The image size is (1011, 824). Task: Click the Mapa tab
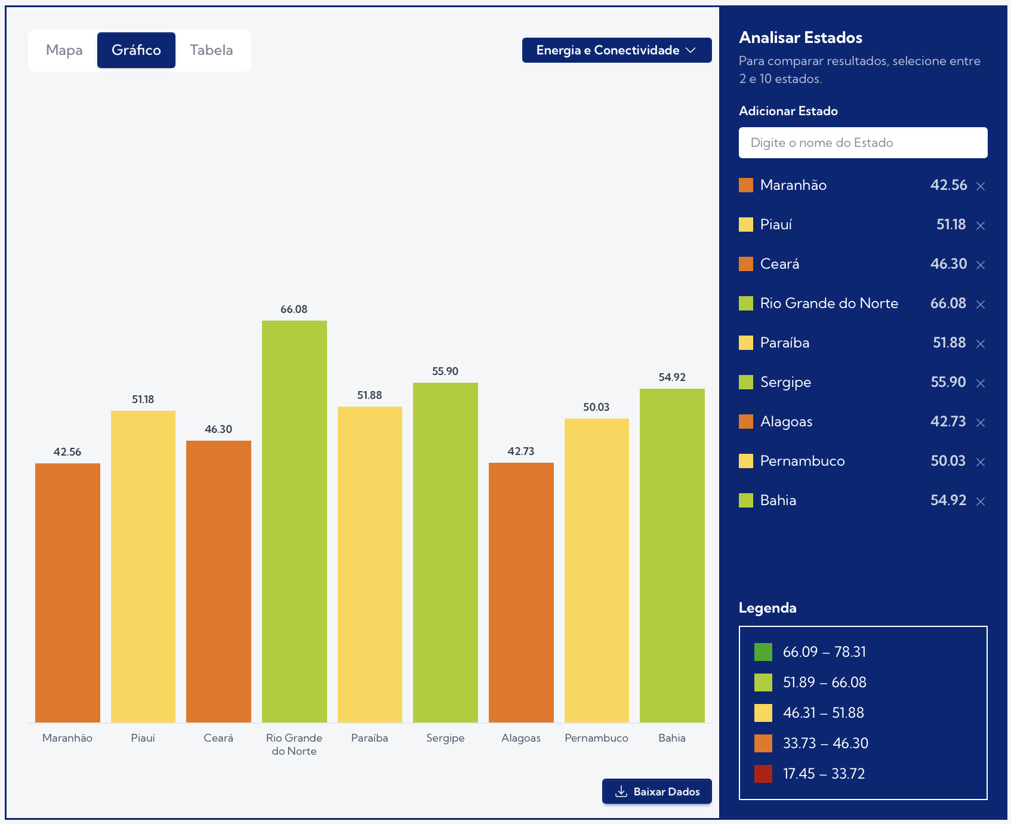pyautogui.click(x=64, y=50)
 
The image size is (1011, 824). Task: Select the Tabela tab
pyautogui.click(x=211, y=50)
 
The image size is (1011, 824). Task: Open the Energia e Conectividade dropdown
pyautogui.click(x=617, y=50)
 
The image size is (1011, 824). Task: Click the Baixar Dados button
pyautogui.click(x=656, y=791)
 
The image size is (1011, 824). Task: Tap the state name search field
pyautogui.click(x=862, y=143)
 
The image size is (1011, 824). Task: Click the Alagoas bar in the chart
pyautogui.click(x=521, y=592)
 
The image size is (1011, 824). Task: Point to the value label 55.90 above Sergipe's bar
pyautogui.click(x=445, y=371)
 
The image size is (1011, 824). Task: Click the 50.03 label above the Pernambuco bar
pyautogui.click(x=596, y=407)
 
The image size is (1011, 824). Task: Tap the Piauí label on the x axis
pyautogui.click(x=143, y=738)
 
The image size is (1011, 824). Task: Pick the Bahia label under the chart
pyautogui.click(x=672, y=738)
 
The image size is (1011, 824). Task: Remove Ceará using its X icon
pyautogui.click(x=981, y=265)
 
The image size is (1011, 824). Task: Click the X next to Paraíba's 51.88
pyautogui.click(x=981, y=343)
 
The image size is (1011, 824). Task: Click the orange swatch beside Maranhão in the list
pyautogui.click(x=746, y=185)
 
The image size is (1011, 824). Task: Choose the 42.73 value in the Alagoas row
pyautogui.click(x=948, y=422)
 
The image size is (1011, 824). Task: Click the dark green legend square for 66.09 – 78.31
pyautogui.click(x=763, y=652)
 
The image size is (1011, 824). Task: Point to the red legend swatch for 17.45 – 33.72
pyautogui.click(x=763, y=774)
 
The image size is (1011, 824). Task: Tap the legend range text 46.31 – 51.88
pyautogui.click(x=823, y=713)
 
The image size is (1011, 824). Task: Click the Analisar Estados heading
pyautogui.click(x=800, y=38)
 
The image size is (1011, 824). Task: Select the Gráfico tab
pyautogui.click(x=136, y=50)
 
